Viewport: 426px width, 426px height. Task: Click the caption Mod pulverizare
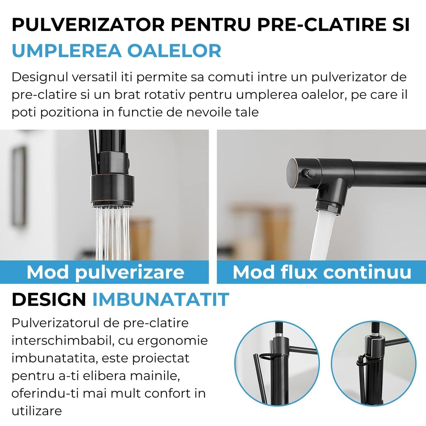(x=105, y=272)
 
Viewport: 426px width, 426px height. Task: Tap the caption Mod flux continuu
(x=322, y=272)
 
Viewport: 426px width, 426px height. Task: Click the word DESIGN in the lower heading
(x=49, y=299)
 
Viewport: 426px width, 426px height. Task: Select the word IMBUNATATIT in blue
(x=161, y=299)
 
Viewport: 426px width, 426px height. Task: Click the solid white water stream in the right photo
(x=321, y=236)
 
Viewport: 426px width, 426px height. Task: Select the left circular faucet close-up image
(x=277, y=363)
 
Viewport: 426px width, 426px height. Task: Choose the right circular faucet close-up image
(x=374, y=363)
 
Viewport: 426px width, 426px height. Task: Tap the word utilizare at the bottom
(x=36, y=411)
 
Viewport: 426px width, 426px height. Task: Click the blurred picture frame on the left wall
(x=18, y=186)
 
